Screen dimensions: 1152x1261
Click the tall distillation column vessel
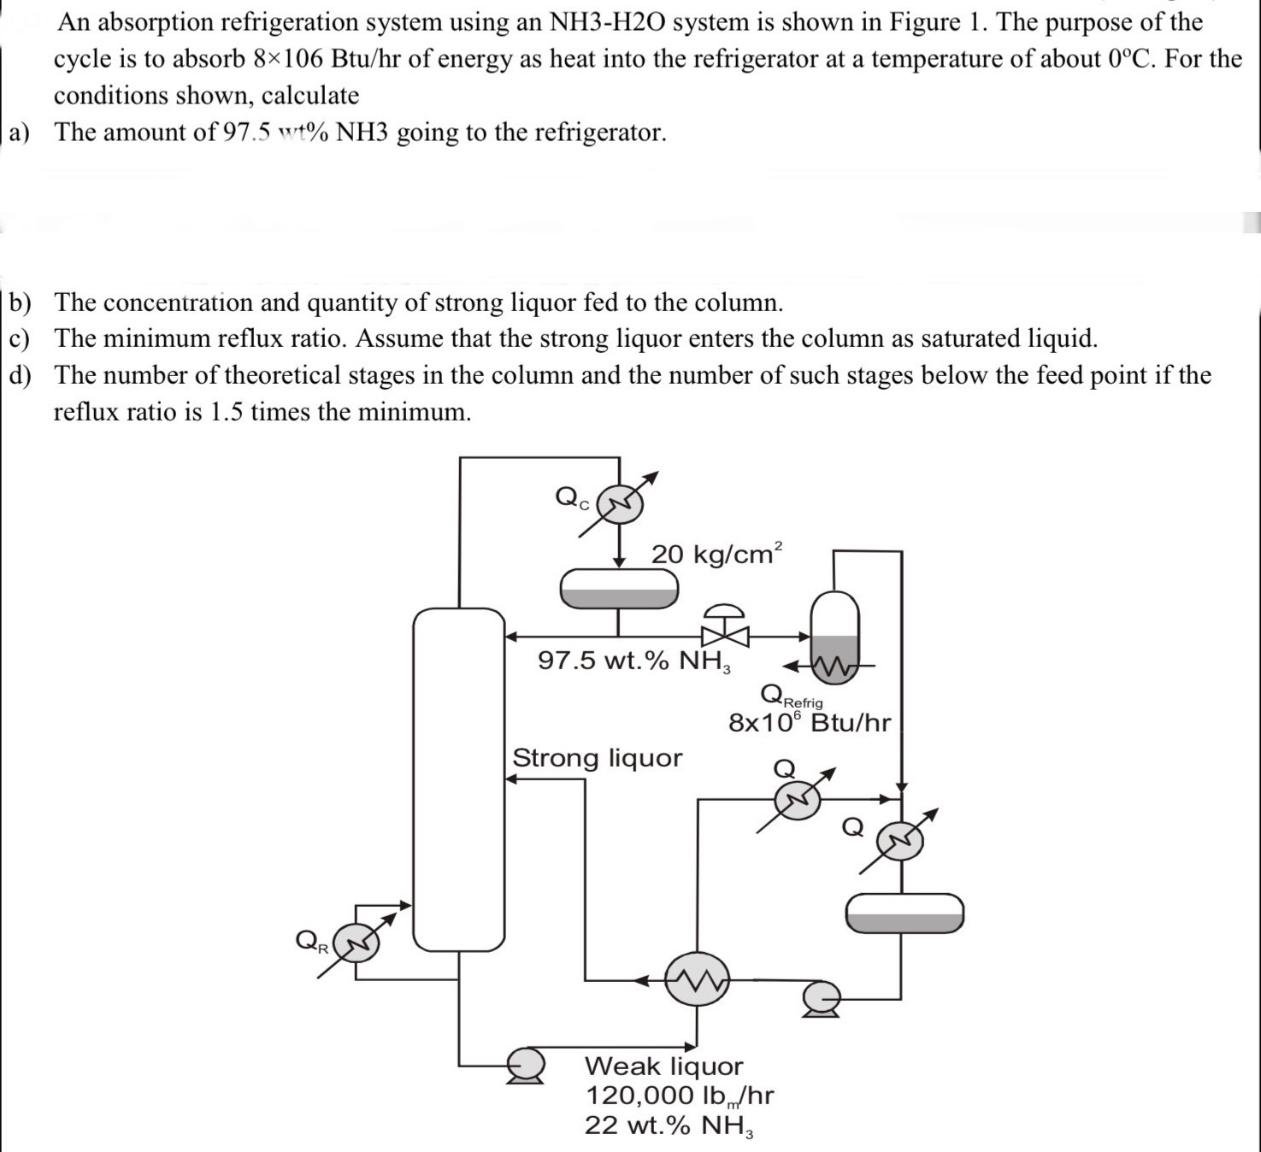459,779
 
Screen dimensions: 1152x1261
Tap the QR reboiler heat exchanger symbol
356,943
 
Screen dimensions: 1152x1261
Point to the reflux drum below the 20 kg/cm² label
619,588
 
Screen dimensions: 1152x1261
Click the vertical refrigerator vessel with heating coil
834,637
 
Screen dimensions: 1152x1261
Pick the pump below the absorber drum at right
821,998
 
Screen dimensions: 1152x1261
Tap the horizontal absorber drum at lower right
904,913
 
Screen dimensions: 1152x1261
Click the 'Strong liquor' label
597,758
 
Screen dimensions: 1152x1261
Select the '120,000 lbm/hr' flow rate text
680,1096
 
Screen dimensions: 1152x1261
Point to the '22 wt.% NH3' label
669,1126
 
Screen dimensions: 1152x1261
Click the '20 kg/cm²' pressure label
716,554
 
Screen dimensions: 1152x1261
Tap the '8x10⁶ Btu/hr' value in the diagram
809,723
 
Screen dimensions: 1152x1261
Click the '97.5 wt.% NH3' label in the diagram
633,661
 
